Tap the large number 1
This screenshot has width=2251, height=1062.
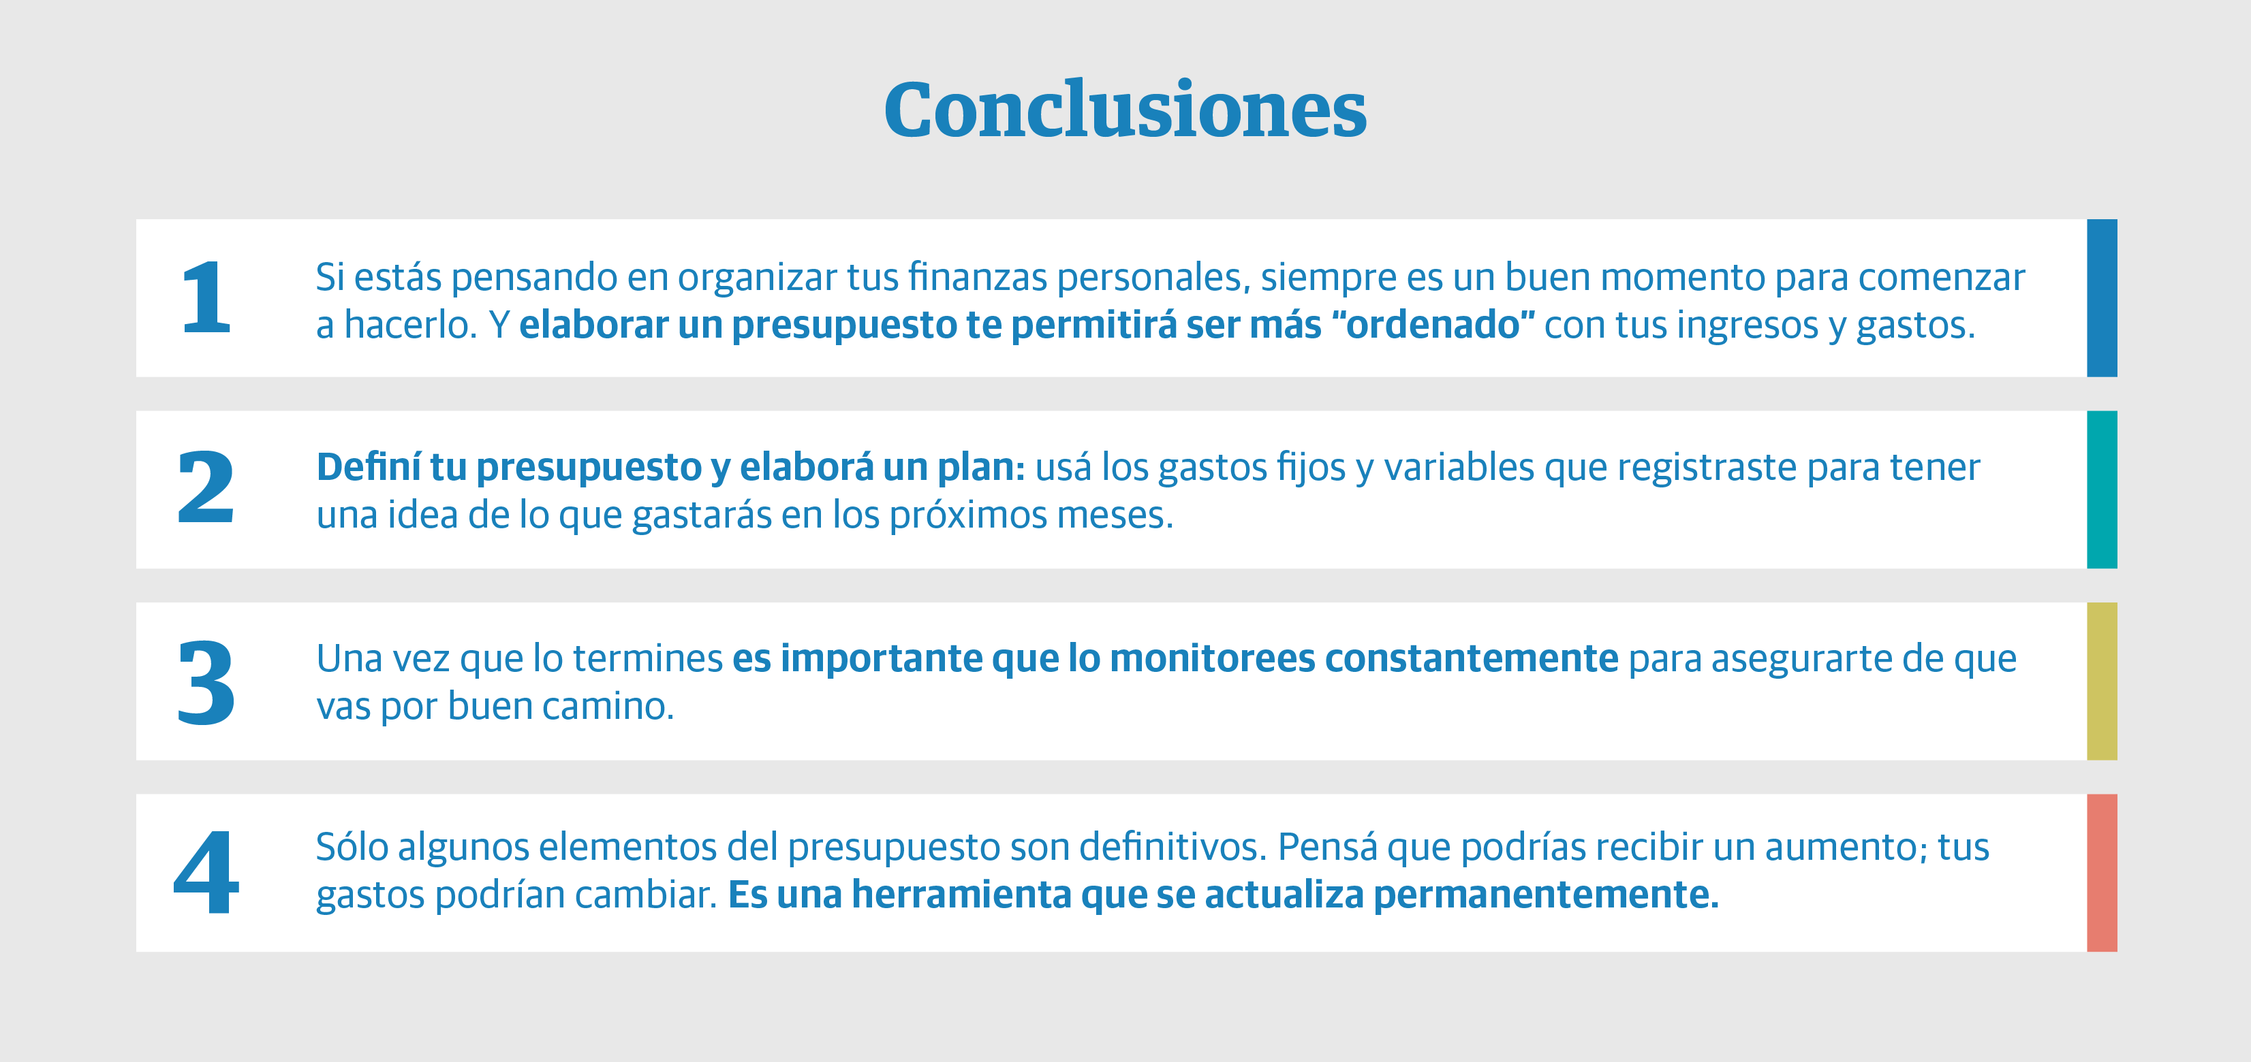(x=206, y=297)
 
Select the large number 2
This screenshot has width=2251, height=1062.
(x=206, y=487)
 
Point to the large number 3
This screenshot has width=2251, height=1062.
(x=206, y=682)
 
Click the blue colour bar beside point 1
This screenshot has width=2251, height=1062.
(x=2102, y=297)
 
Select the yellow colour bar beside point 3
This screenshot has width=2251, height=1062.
(x=2102, y=681)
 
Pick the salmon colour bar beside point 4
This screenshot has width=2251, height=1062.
(x=2102, y=873)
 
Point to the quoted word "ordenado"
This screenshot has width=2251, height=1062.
(x=1433, y=324)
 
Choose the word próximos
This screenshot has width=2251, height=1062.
(x=968, y=517)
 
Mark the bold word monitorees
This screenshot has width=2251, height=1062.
(x=1212, y=658)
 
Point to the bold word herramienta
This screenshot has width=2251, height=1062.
(x=961, y=895)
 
